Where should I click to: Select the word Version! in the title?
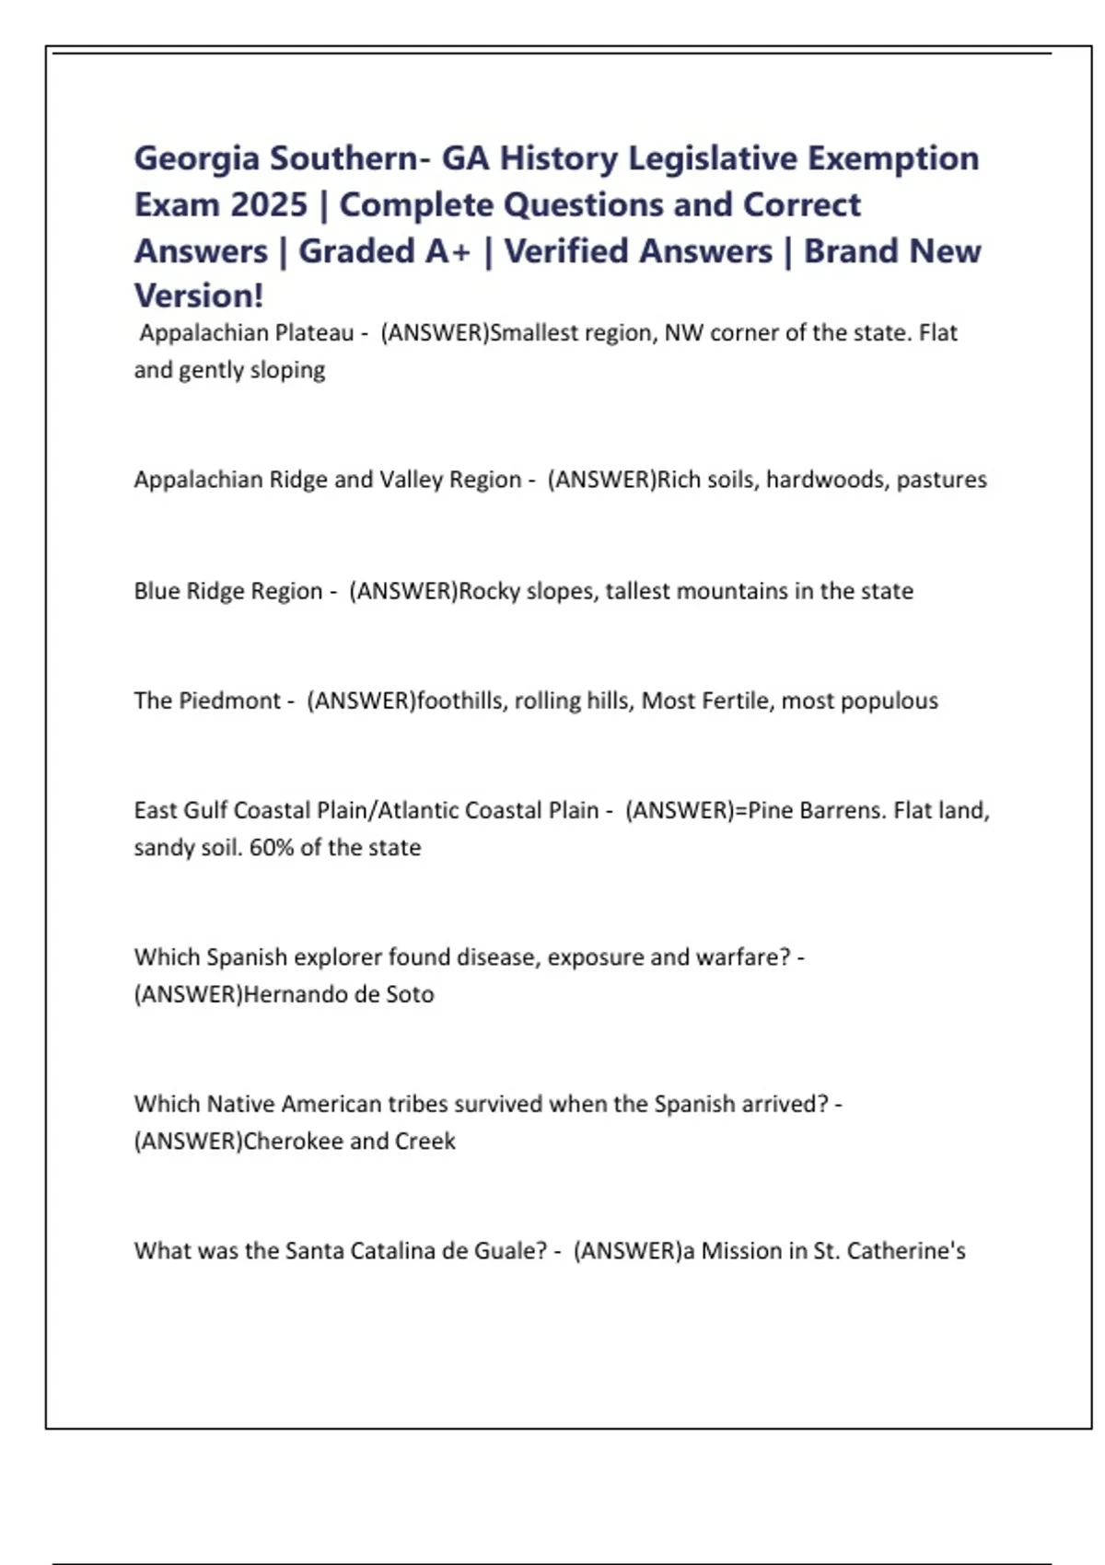click(x=199, y=296)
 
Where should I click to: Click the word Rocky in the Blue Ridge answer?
click(x=489, y=591)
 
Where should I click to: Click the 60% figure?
click(x=271, y=847)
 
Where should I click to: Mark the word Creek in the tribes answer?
click(x=425, y=1142)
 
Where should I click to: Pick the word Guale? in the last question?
click(x=511, y=1251)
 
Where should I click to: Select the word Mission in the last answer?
click(x=742, y=1251)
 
